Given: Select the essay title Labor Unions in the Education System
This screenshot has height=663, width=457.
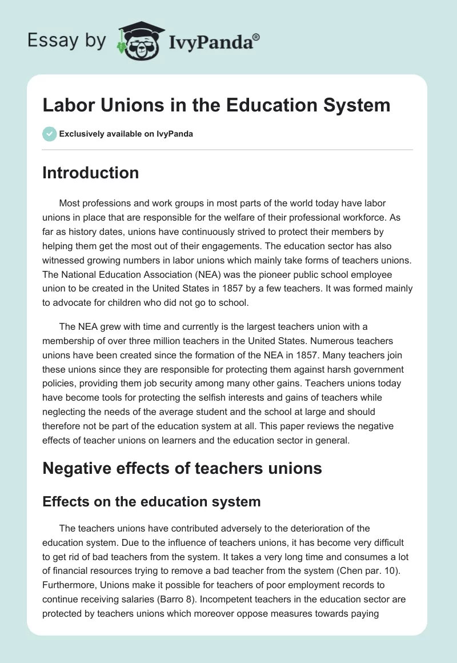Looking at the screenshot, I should coord(216,105).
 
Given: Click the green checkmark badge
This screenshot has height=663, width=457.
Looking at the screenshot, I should coord(49,134).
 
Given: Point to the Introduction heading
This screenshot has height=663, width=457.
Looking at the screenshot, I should coord(90,173).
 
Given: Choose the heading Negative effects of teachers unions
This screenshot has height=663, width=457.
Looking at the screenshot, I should coord(182,469).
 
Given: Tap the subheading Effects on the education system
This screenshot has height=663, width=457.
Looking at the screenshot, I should coord(151,502).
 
